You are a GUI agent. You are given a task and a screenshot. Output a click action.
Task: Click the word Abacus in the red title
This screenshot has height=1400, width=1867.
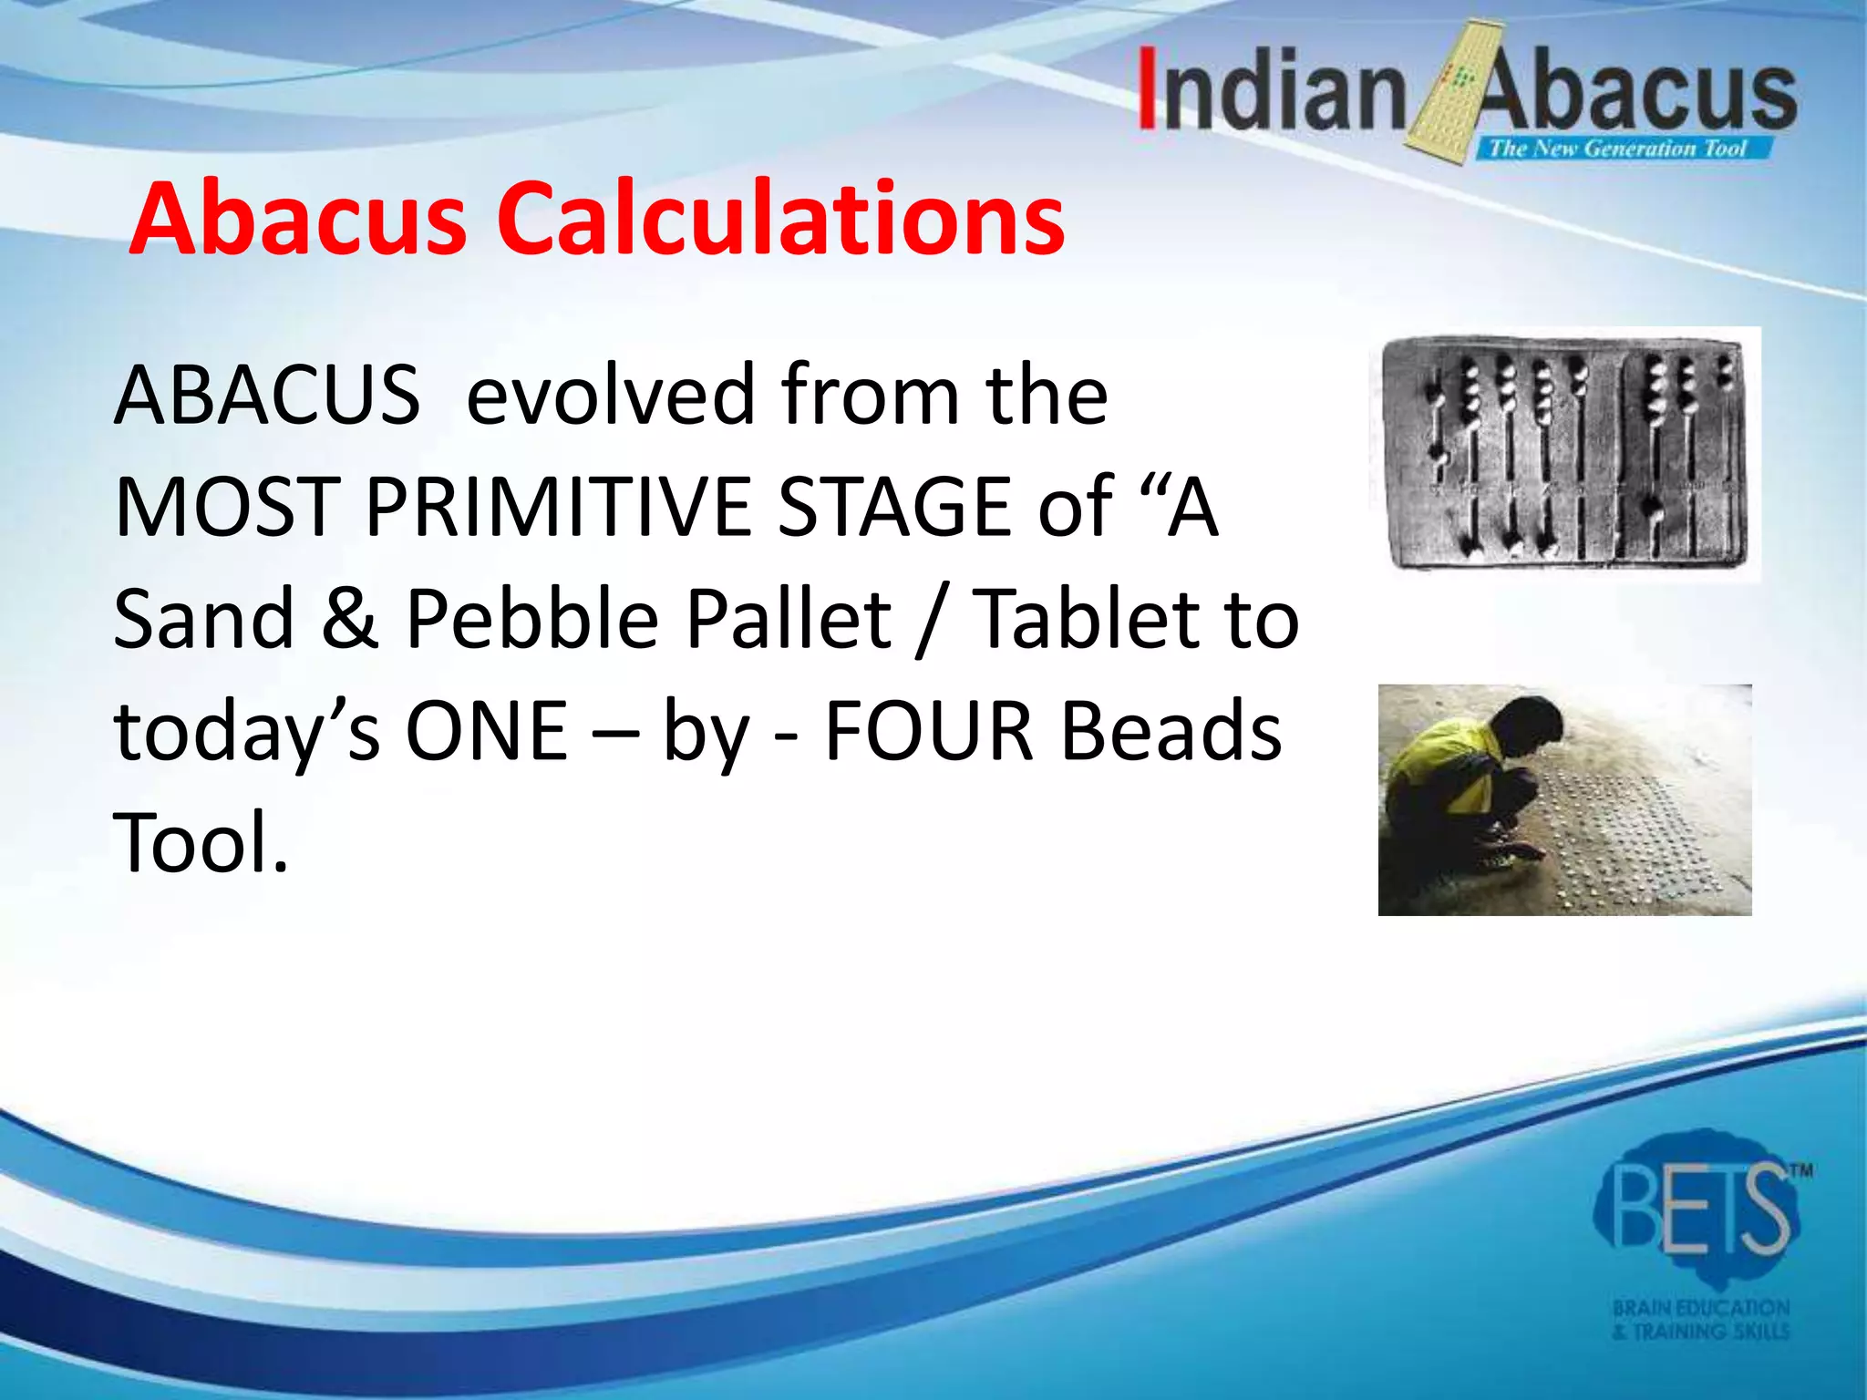(x=298, y=219)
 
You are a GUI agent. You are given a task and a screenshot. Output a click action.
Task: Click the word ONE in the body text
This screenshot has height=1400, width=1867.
(x=487, y=731)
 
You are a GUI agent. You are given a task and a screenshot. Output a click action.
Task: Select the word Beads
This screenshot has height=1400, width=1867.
(x=1172, y=731)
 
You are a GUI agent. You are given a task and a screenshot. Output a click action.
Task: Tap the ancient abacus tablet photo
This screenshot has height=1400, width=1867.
(x=1564, y=452)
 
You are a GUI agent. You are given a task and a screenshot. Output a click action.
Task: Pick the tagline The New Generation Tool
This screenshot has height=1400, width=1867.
(x=1617, y=149)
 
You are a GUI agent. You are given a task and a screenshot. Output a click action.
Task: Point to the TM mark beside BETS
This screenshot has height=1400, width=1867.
(x=1802, y=1171)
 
